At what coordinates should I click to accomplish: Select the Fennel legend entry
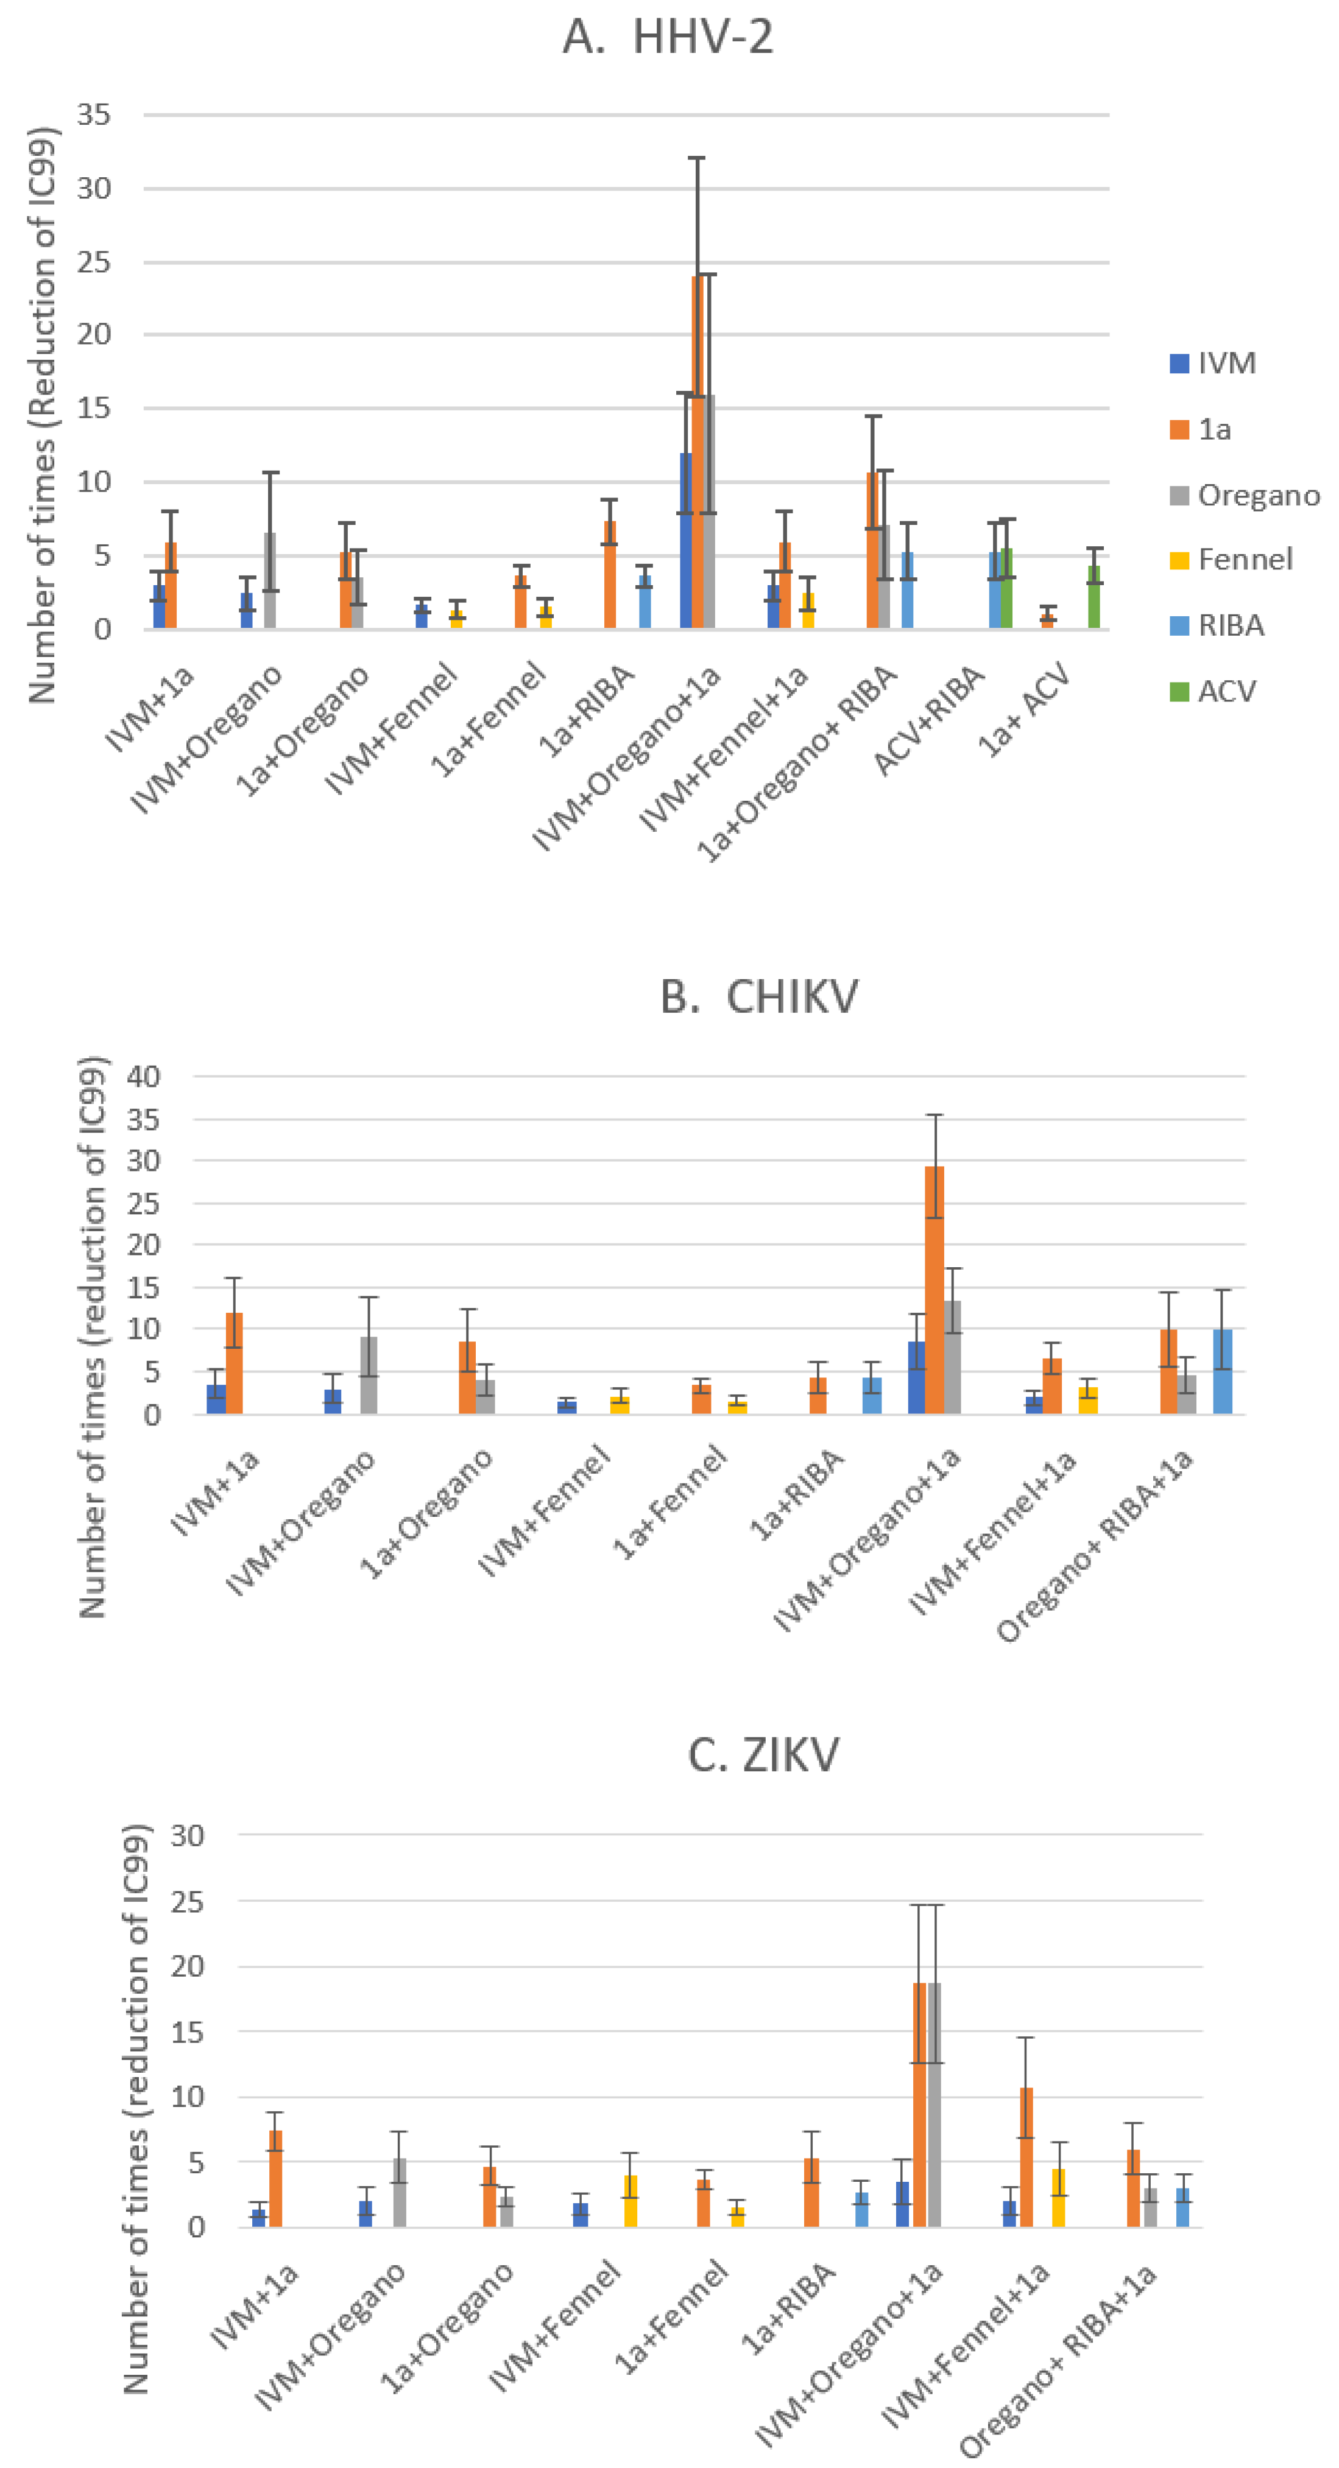click(1243, 560)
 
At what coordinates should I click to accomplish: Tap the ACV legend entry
click(1226, 691)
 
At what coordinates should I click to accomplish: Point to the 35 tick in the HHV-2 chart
click(94, 115)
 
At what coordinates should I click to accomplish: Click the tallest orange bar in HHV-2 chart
click(697, 450)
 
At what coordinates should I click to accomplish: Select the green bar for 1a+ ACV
click(1093, 598)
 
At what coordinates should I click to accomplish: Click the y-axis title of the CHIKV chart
click(93, 1337)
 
